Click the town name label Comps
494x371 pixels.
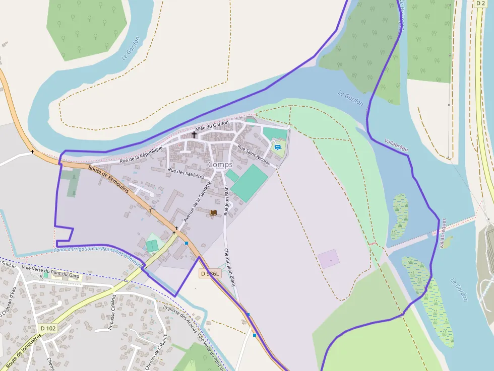220,165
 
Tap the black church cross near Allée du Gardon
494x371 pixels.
194,134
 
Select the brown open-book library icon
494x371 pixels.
213,213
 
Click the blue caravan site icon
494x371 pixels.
277,147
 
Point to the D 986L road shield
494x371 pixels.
210,273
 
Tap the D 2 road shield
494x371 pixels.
480,3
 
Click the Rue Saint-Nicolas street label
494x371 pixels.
254,156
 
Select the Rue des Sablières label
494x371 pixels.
186,174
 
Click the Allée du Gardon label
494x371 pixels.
212,126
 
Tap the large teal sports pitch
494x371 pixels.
250,183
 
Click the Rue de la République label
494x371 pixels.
142,155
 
